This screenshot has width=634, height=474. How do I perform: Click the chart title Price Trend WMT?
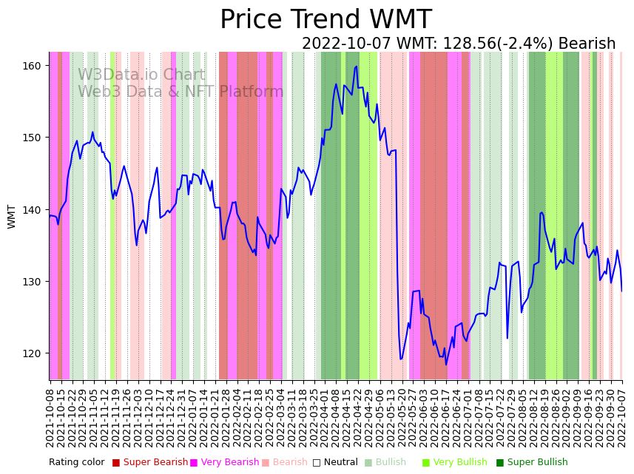[x=326, y=20]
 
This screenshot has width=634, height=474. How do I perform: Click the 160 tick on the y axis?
[x=32, y=66]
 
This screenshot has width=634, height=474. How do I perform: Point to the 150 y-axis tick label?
[x=32, y=138]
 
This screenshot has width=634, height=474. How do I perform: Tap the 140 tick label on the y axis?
[x=32, y=210]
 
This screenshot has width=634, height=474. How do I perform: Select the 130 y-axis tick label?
[x=32, y=282]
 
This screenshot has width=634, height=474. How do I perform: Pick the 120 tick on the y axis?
[x=32, y=353]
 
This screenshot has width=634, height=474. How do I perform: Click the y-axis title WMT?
[x=12, y=217]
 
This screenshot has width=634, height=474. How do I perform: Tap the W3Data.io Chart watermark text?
[x=141, y=75]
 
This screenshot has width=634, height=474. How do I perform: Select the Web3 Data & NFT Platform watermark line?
[x=181, y=92]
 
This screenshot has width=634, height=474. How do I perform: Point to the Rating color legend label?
[x=77, y=463]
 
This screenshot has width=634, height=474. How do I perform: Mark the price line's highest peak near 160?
[x=357, y=67]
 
